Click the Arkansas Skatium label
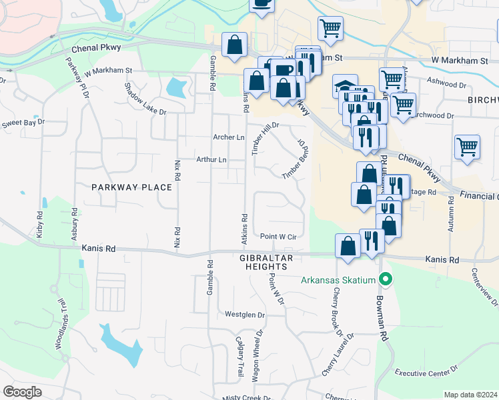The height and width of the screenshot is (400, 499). coord(339,279)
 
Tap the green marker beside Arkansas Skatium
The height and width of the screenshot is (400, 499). coord(384,279)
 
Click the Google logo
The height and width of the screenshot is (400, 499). coord(22,391)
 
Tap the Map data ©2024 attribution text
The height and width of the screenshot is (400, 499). coord(470,395)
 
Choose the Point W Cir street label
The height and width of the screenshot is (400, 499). coord(278,237)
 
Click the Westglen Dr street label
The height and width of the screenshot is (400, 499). coord(245,315)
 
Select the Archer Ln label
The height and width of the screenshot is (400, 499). coord(229,137)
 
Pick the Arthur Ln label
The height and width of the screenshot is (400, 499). coord(211,159)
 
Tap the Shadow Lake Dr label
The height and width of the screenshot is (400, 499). coord(145,98)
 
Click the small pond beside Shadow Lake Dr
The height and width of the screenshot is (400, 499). coord(176,88)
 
